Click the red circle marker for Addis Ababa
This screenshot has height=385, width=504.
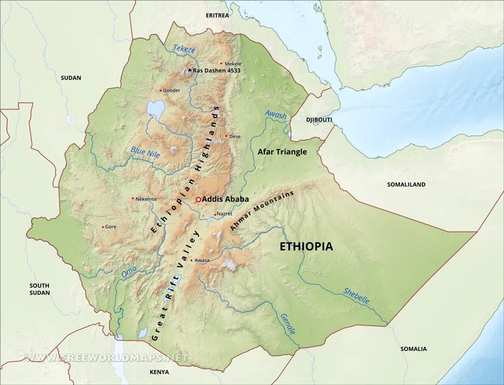(198, 199)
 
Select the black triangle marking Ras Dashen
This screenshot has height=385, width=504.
(190, 69)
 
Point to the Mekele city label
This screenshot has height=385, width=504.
(233, 64)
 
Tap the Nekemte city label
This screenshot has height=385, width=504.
(146, 198)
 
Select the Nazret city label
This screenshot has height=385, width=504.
(226, 214)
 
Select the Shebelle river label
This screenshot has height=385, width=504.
(356, 296)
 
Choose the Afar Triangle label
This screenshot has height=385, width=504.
(281, 151)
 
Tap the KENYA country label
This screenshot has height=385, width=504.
(159, 372)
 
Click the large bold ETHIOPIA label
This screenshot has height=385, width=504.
(306, 247)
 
